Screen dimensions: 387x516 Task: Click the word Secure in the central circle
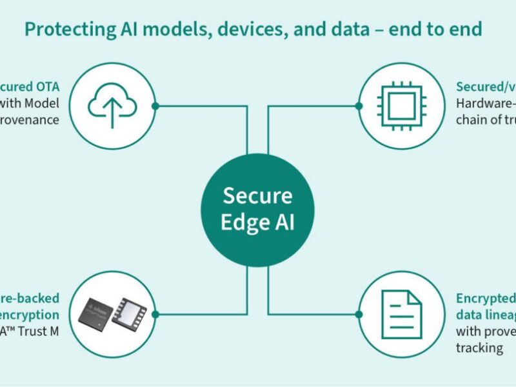click(x=257, y=195)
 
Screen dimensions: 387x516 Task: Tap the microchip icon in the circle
click(x=402, y=106)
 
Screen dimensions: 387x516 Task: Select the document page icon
click(x=401, y=314)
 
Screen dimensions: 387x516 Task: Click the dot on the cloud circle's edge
click(x=155, y=106)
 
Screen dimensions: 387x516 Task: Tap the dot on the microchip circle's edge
click(x=359, y=106)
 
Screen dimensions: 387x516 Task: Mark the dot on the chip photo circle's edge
click(x=155, y=314)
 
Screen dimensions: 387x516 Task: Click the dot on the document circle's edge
click(x=359, y=314)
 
